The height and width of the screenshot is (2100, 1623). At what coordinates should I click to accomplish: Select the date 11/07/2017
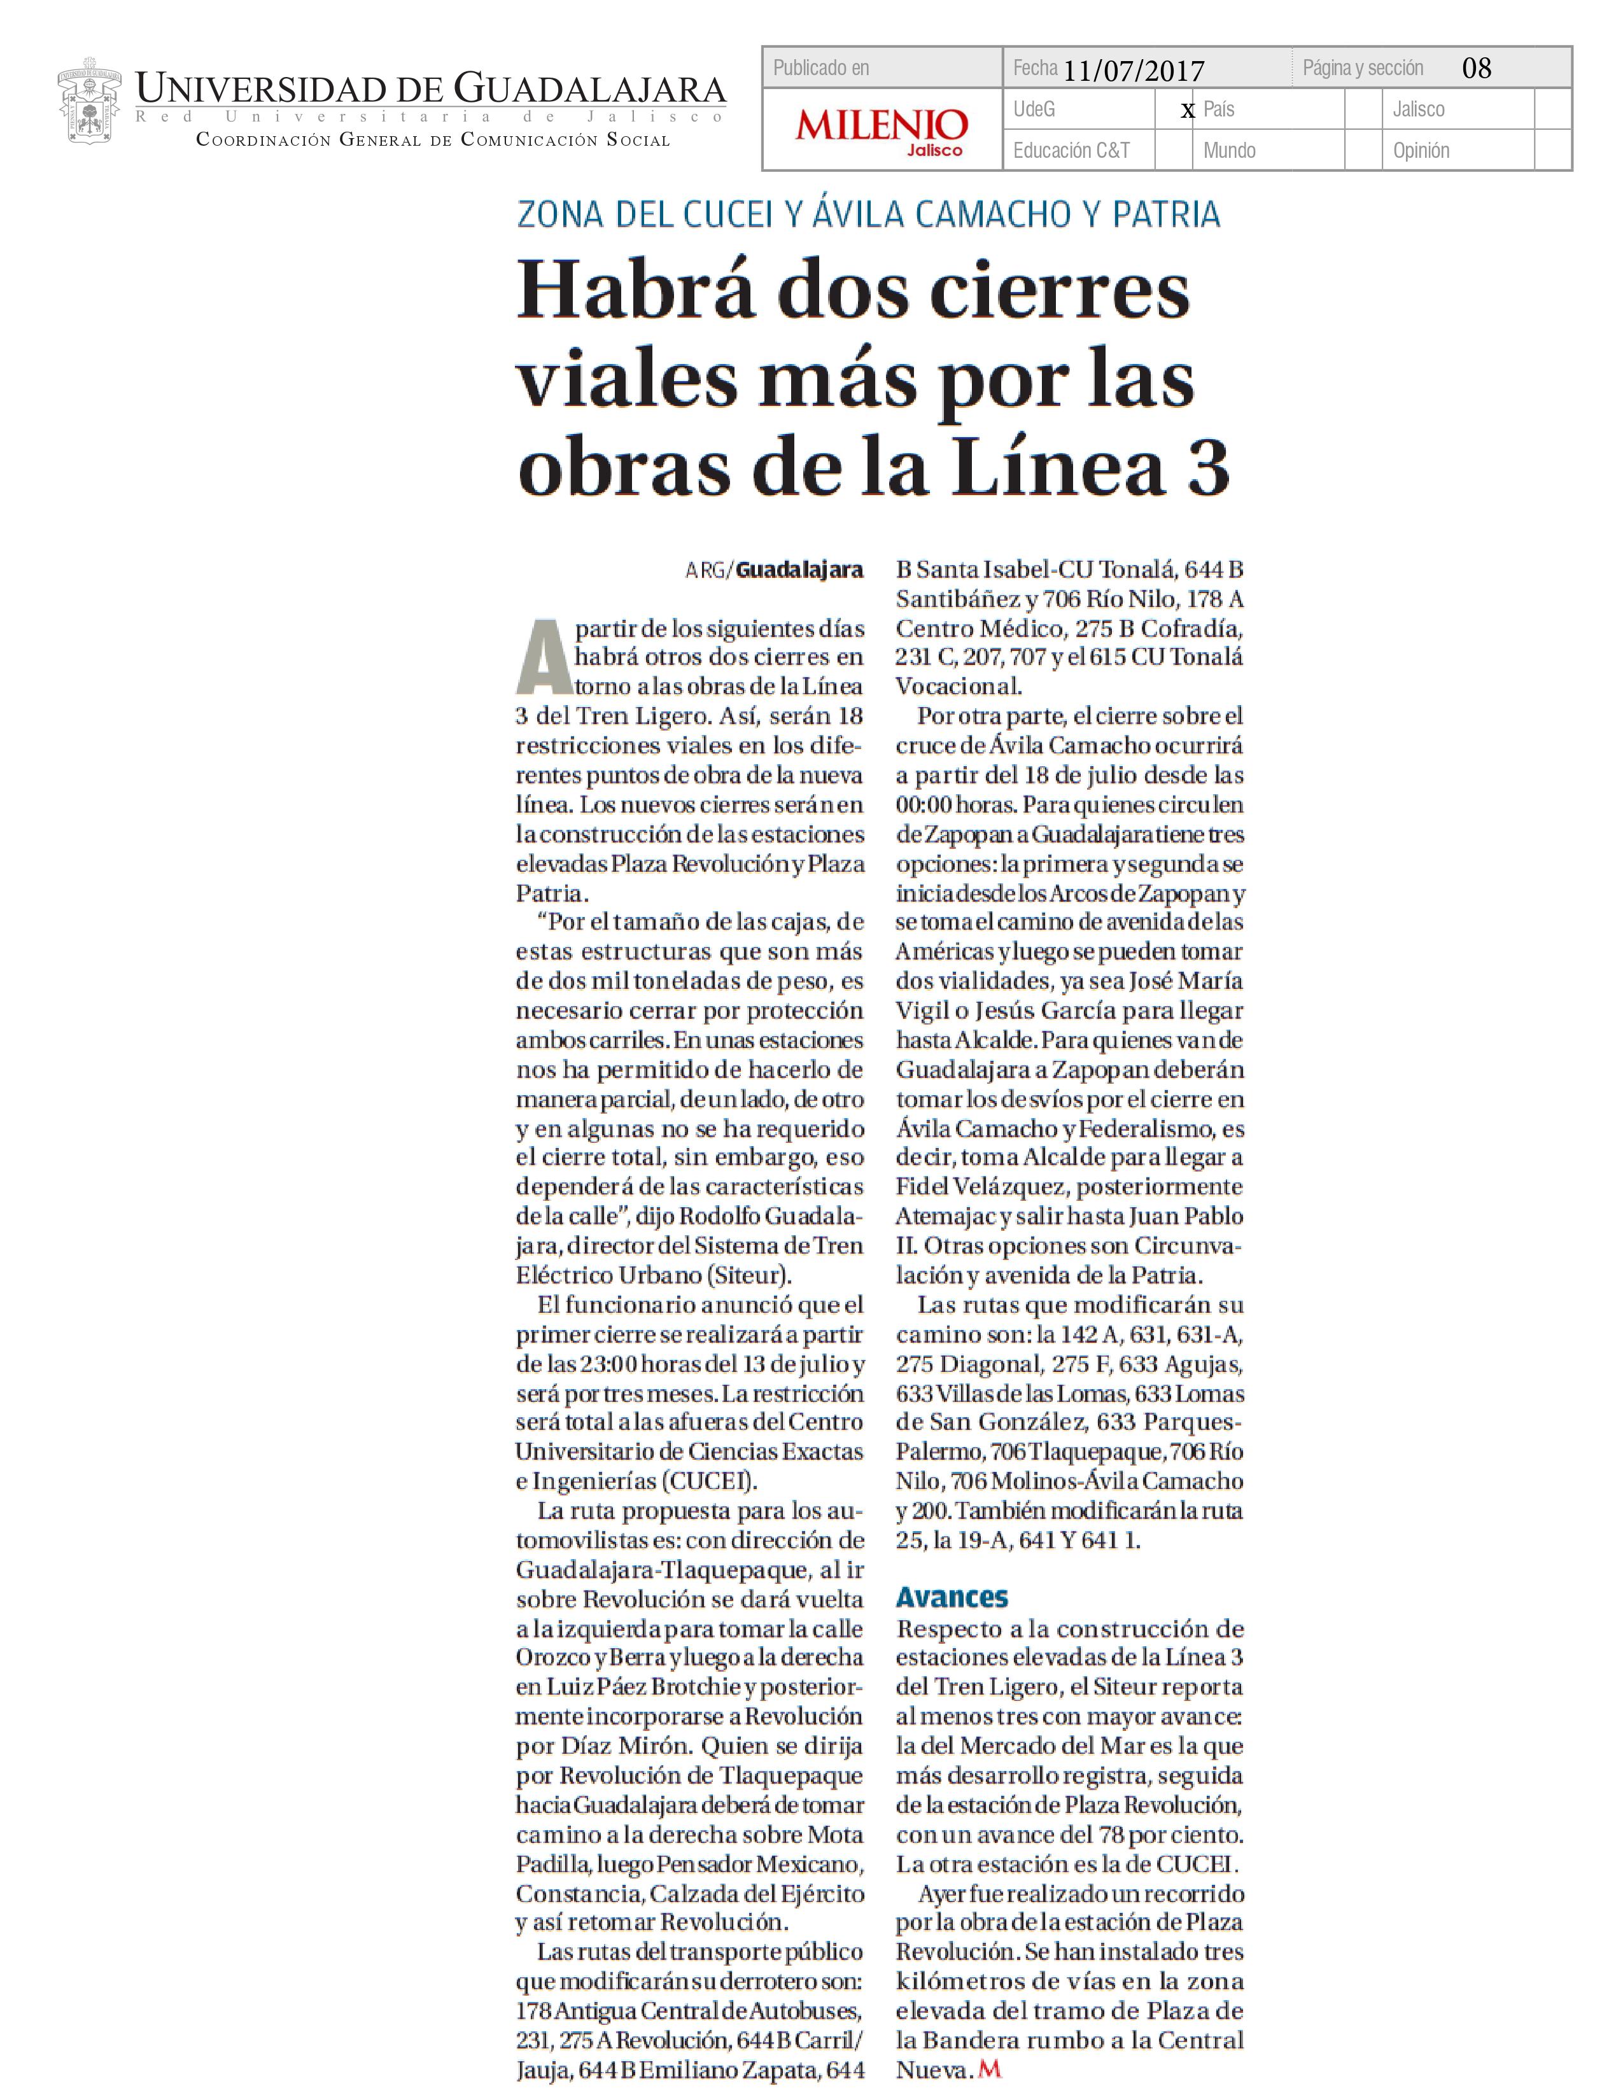[x=1134, y=70]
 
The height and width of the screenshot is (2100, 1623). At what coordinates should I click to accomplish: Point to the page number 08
[x=1476, y=68]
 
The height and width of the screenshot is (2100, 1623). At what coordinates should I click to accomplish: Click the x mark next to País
[x=1188, y=111]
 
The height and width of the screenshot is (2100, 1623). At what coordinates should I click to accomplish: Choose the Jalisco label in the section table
[x=1418, y=109]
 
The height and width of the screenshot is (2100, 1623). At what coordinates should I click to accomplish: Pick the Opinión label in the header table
[x=1420, y=151]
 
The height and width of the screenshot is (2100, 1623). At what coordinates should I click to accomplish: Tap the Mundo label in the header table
[x=1229, y=151]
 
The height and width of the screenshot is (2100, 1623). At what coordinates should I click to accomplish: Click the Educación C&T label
[x=1071, y=151]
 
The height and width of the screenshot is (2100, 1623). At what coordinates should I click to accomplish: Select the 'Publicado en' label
[x=821, y=68]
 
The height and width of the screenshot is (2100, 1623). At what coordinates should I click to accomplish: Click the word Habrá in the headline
[x=635, y=292]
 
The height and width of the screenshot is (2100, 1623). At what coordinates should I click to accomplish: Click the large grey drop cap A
[x=544, y=659]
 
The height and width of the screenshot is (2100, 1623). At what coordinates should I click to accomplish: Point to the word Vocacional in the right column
[x=958, y=687]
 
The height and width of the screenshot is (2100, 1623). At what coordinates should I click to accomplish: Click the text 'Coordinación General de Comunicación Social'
[x=433, y=141]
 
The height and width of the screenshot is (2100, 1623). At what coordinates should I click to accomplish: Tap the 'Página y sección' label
[x=1363, y=68]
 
